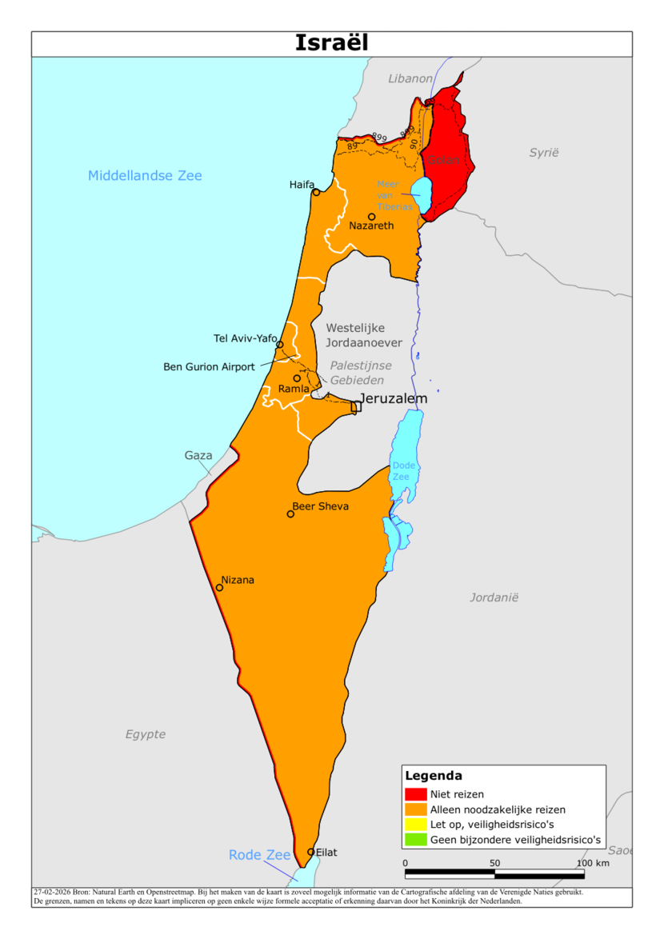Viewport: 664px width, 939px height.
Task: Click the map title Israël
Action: coord(331,43)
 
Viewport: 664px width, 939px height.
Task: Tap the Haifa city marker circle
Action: coord(316,192)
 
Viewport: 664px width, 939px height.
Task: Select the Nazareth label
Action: coord(371,226)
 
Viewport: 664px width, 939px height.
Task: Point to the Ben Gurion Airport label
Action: coord(209,367)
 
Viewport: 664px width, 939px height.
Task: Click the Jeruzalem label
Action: coord(394,398)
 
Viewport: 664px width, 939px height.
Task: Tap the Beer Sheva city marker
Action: coord(290,513)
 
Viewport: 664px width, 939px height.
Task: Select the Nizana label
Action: coord(238,580)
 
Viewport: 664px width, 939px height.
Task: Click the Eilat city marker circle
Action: coord(310,852)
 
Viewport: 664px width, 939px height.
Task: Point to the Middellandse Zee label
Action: coord(145,176)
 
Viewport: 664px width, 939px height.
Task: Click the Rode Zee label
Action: coord(259,855)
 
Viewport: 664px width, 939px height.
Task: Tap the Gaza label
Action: coord(198,456)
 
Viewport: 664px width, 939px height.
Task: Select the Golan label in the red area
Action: coord(444,161)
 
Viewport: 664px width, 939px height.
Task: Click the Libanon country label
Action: coord(410,78)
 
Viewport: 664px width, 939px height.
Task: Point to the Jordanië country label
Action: coord(494,597)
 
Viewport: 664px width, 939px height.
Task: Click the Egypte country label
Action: coord(146,734)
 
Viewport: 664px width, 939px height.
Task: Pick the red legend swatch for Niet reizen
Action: coord(416,794)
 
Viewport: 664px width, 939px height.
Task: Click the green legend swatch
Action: coord(416,840)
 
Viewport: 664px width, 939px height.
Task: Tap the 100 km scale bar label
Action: coord(593,863)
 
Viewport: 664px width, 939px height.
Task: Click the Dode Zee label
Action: coord(401,471)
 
